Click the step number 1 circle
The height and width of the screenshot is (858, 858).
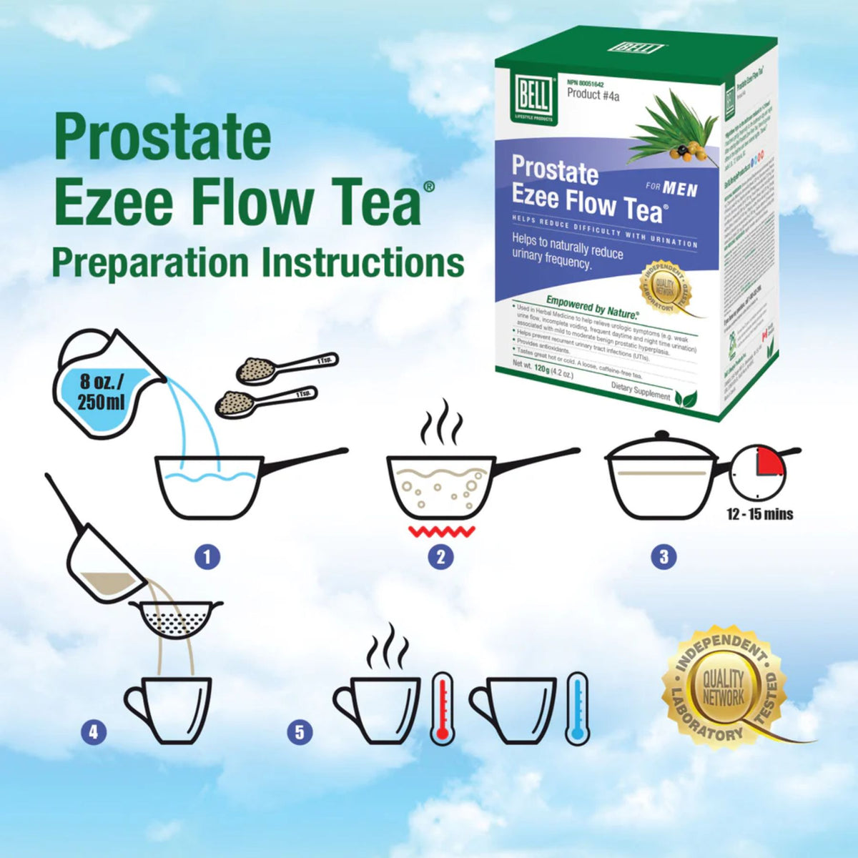coord(207,556)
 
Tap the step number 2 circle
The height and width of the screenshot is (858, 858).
coord(440,557)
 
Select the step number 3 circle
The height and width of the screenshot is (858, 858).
coord(664,556)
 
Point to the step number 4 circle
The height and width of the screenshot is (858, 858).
coord(92,731)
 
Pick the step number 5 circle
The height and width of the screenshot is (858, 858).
coord(300,731)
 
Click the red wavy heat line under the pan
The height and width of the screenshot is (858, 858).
coord(441,531)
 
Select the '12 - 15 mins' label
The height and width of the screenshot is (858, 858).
coord(759,514)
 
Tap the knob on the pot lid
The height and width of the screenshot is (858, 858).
coord(662,435)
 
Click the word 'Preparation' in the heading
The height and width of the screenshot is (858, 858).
coord(149,262)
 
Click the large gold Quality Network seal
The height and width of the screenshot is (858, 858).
coord(724,686)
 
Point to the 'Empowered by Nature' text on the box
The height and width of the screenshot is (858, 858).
coord(592,305)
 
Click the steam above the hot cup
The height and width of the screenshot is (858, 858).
coord(388,646)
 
